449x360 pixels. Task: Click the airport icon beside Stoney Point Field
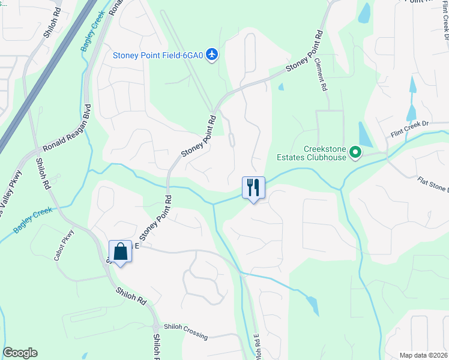coord(211,55)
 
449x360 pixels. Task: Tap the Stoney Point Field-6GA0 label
coord(158,55)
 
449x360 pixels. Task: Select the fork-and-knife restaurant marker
coord(253,188)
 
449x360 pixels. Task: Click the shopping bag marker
coord(120,252)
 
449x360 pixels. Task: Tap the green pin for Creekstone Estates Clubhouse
coord(355,152)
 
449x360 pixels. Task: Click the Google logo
coord(20,353)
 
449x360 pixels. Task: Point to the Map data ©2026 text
coord(423,355)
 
